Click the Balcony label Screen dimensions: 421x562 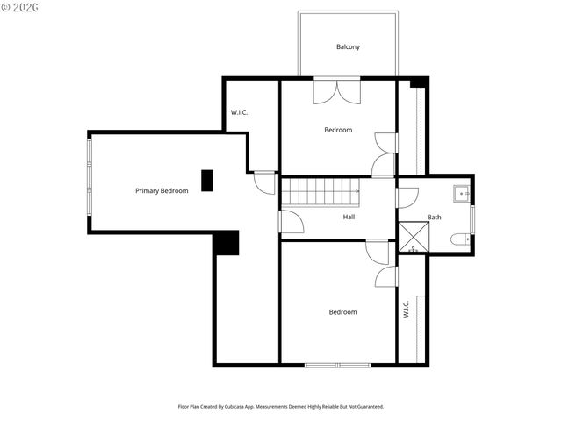point(348,47)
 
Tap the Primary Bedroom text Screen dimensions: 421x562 point(162,190)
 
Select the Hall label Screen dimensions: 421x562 point(349,216)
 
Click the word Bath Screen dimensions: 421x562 point(435,217)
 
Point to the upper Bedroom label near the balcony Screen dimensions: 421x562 point(338,130)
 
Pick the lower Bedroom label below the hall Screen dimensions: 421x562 point(342,312)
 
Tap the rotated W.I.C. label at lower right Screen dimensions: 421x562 point(407,310)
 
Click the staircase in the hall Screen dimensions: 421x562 point(321,191)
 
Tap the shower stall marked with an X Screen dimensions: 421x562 point(412,238)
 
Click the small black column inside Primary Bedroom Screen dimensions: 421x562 point(207,180)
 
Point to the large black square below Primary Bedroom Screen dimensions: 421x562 point(227,243)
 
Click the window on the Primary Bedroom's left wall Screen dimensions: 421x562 point(89,181)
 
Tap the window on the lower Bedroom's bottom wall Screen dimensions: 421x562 point(338,364)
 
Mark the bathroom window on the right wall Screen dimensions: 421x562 point(472,218)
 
